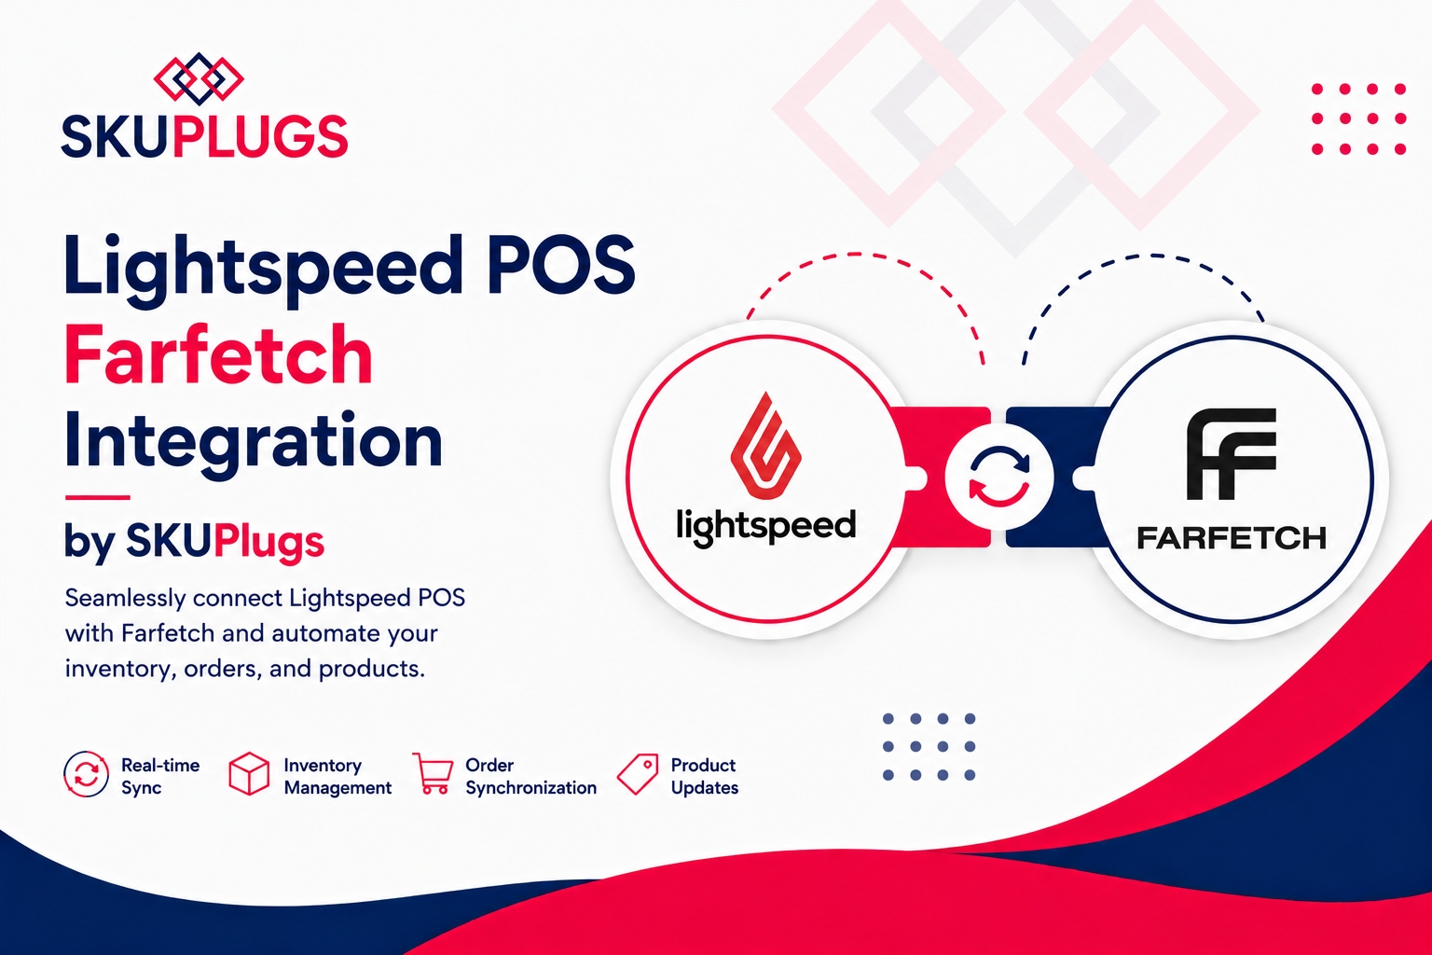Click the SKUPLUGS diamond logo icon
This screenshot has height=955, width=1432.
click(x=199, y=78)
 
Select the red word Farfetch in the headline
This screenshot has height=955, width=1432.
click(x=218, y=353)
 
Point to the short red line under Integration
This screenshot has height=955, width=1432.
click(x=97, y=497)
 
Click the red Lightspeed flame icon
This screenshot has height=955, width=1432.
click(x=765, y=445)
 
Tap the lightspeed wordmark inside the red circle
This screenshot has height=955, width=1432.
click(x=765, y=527)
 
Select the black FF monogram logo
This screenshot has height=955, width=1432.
click(x=1232, y=454)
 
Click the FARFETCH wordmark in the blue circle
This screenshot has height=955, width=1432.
click(x=1232, y=538)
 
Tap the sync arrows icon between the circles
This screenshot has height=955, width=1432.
click(x=999, y=477)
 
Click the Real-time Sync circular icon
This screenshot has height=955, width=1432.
click(x=87, y=774)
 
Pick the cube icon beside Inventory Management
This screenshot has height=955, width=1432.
click(x=249, y=774)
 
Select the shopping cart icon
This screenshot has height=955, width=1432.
click(x=433, y=773)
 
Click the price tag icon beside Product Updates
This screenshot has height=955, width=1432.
click(x=638, y=774)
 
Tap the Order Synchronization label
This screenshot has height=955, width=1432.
click(x=530, y=777)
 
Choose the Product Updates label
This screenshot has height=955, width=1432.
click(x=705, y=777)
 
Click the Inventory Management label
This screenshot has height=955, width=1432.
click(x=337, y=777)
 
